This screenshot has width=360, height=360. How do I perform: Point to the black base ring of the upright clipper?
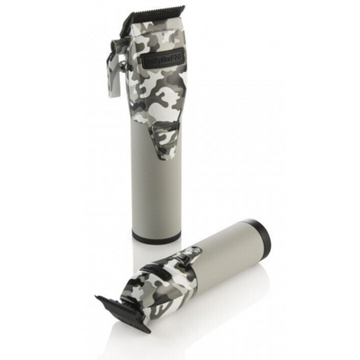tap(156, 238)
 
